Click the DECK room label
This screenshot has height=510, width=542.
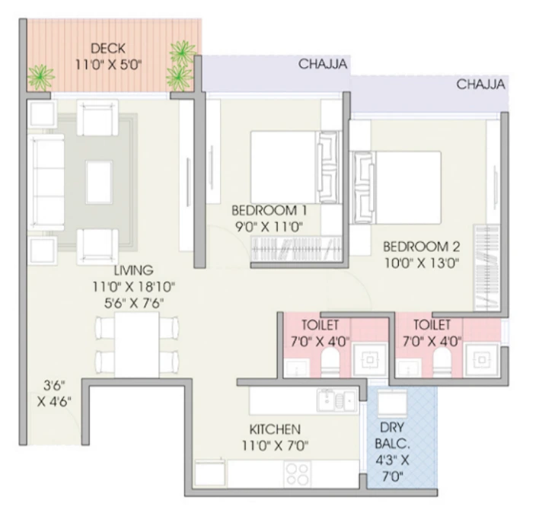click(108, 49)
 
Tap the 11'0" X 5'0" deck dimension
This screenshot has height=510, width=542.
click(109, 65)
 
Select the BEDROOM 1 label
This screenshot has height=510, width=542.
click(269, 210)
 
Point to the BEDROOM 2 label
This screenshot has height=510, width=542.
click(422, 247)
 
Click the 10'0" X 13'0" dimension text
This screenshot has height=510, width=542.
click(422, 263)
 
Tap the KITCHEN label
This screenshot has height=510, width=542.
click(275, 429)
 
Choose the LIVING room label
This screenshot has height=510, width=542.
click(133, 270)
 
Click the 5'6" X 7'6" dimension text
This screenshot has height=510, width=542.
click(134, 303)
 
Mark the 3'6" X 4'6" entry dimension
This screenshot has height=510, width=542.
click(54, 393)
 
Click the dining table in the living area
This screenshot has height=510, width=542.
click(137, 345)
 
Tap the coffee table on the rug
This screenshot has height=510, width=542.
click(99, 182)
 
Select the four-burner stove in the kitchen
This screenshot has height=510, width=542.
click(298, 473)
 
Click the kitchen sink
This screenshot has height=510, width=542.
click(336, 400)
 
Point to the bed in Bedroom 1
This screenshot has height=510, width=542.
click(295, 167)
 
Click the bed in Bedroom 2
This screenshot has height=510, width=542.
click(397, 187)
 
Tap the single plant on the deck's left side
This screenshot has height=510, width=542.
click(41, 77)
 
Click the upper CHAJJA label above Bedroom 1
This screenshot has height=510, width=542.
click(323, 64)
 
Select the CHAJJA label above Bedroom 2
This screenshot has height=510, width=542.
click(480, 84)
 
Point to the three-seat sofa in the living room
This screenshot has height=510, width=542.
click(46, 182)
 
